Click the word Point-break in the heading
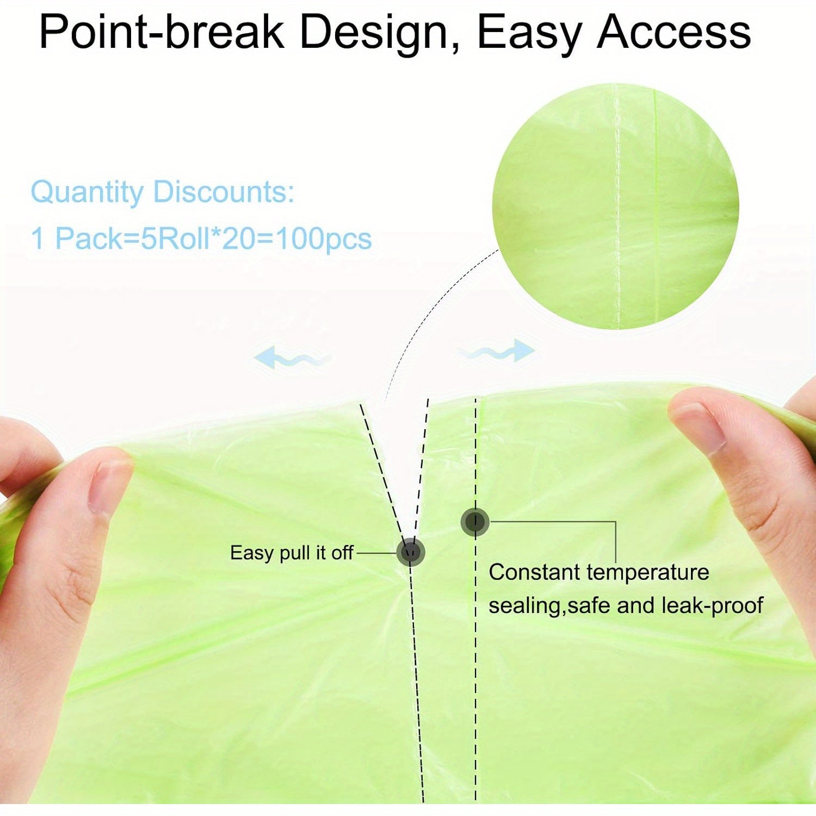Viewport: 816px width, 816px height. [162, 33]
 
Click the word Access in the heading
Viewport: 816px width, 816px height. [674, 33]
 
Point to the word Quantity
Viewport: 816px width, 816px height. [87, 193]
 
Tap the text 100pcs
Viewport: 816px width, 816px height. [324, 239]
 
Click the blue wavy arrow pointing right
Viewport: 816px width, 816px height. [497, 351]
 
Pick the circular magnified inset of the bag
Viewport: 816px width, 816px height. [615, 206]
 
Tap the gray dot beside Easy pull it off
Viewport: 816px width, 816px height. [411, 552]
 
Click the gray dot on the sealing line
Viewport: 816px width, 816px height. [475, 522]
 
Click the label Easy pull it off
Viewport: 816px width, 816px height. [292, 553]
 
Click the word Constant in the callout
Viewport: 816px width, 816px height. [534, 572]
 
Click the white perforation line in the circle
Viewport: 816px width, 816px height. [617, 207]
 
